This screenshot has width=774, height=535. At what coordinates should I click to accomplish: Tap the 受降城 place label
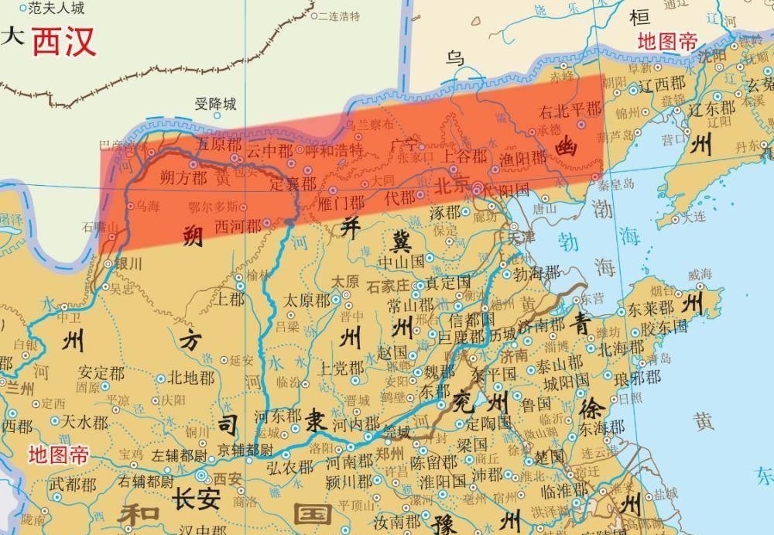click(x=215, y=105)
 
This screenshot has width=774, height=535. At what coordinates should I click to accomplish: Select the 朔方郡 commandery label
click(x=183, y=177)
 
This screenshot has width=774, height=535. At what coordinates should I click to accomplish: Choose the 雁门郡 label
click(x=341, y=203)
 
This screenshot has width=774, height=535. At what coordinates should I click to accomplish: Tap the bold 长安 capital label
click(x=197, y=498)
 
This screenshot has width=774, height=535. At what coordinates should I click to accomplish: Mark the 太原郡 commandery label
click(x=307, y=300)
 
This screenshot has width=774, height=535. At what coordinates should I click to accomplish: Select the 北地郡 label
click(x=190, y=378)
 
